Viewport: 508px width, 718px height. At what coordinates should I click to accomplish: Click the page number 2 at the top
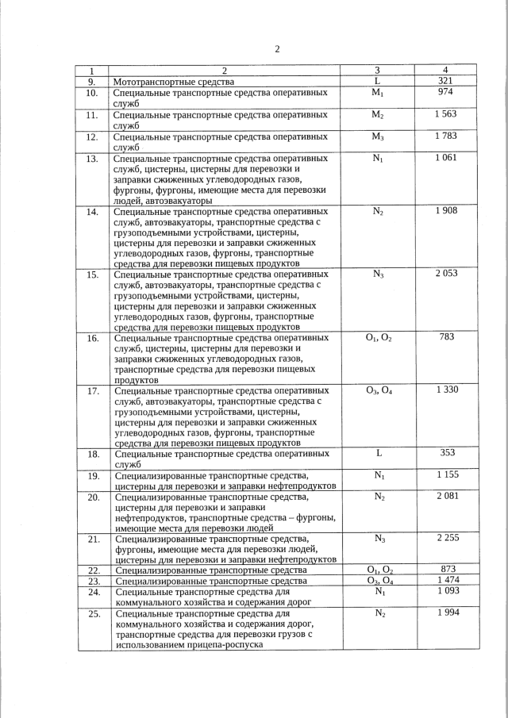click(277, 49)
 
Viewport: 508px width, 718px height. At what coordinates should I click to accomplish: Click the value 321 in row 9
click(445, 81)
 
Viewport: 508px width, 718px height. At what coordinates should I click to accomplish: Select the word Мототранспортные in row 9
click(151, 82)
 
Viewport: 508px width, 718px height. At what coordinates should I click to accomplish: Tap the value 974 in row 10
click(445, 92)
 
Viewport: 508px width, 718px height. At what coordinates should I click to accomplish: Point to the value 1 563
click(445, 114)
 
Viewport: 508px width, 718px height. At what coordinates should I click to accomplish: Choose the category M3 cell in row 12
click(378, 136)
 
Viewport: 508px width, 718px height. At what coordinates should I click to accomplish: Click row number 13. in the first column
click(92, 159)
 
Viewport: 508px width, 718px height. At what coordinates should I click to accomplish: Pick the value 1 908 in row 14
click(445, 211)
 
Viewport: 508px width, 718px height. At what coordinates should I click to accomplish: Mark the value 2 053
click(445, 274)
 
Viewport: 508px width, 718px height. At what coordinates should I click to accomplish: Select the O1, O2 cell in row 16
click(378, 337)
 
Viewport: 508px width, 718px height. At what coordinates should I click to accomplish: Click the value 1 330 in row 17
click(445, 390)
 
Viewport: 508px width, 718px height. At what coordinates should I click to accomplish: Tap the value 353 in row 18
click(445, 453)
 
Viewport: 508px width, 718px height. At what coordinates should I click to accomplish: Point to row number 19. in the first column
click(92, 475)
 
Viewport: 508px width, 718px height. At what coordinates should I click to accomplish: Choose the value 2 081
click(445, 496)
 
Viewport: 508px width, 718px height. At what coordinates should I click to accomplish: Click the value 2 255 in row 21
click(445, 538)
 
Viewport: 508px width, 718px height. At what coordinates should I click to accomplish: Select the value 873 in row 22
click(445, 570)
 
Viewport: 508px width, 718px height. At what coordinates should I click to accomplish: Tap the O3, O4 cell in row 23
click(378, 581)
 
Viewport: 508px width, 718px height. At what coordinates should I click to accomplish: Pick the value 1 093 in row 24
click(445, 591)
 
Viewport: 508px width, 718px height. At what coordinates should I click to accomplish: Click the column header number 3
click(378, 70)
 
